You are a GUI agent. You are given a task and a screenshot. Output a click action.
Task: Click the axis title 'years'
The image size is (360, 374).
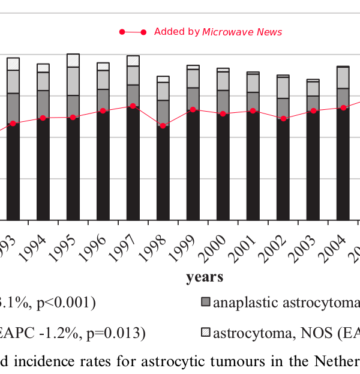[x=205, y=277]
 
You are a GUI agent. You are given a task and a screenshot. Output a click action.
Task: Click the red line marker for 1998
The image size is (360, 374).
[x=163, y=125]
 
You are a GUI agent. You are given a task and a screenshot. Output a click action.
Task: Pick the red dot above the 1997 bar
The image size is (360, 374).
[x=133, y=106]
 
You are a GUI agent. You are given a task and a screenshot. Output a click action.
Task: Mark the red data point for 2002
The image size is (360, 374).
[x=283, y=118]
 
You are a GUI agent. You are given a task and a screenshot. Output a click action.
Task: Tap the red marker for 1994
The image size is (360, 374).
[x=43, y=118]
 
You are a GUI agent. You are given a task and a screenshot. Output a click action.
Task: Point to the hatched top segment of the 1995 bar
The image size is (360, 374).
[x=73, y=60]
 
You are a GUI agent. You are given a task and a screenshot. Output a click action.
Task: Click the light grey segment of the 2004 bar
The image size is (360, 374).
[x=343, y=77]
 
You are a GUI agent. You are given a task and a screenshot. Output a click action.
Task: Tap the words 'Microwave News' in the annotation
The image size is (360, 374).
[x=242, y=32]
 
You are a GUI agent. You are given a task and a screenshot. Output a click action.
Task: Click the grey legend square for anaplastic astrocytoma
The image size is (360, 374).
[x=206, y=303]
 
